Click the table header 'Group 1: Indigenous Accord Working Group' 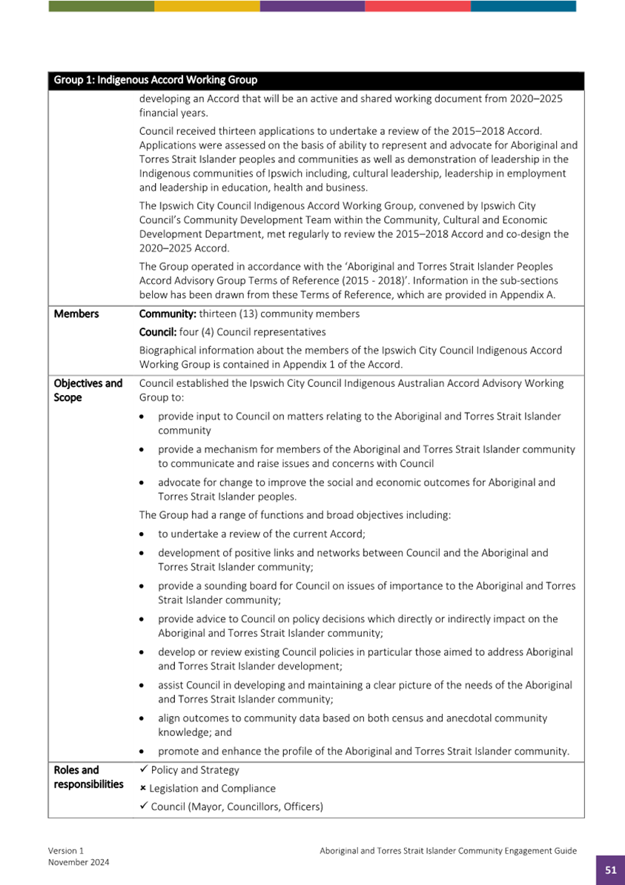(155, 80)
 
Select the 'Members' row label (76, 314)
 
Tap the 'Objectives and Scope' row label (87, 391)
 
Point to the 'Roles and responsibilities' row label (88, 778)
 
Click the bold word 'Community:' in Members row (168, 314)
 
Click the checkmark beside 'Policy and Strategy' (144, 770)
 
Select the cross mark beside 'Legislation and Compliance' (143, 789)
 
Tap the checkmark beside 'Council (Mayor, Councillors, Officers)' (144, 806)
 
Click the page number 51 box (610, 870)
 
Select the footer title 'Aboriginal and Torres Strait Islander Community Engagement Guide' (448, 852)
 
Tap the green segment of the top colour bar (101, 6)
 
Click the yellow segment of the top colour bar (207, 6)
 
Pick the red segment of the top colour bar (417, 6)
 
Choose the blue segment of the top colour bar (523, 6)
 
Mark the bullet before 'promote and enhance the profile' (142, 752)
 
